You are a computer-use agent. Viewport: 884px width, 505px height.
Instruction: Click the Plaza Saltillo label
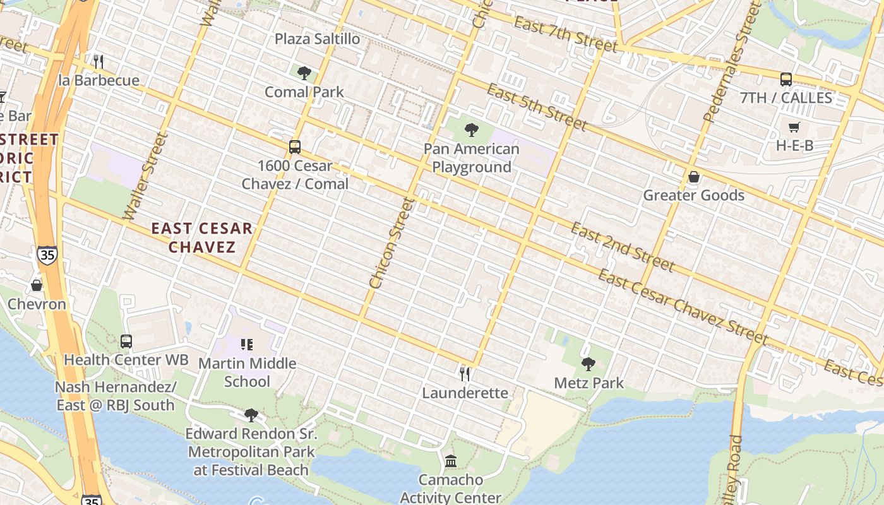click(x=317, y=39)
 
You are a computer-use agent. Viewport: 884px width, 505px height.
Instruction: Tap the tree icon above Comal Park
click(x=304, y=73)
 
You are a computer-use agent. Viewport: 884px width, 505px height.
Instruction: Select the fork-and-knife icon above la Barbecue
click(x=98, y=61)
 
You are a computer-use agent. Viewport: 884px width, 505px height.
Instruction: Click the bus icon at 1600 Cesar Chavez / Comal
click(x=295, y=147)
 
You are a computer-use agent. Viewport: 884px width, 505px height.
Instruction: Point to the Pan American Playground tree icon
click(x=471, y=131)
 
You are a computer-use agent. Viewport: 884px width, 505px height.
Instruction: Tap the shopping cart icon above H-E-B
click(x=794, y=128)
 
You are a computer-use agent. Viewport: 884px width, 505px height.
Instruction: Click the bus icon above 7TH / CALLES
click(x=786, y=80)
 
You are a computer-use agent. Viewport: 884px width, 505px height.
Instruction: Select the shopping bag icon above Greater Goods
click(x=694, y=177)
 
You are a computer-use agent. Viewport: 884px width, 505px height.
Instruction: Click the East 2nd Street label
click(x=622, y=247)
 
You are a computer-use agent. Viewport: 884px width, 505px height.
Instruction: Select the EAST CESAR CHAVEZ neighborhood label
click(x=202, y=237)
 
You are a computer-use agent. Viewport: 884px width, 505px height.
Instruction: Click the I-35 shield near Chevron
click(x=47, y=254)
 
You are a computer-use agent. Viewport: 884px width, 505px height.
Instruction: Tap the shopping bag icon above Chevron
click(x=37, y=285)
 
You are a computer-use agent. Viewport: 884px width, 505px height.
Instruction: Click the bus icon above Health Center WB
click(x=126, y=342)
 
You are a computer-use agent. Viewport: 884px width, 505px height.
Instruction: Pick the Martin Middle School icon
click(x=247, y=345)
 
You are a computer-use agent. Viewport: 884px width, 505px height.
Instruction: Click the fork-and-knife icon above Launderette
click(x=465, y=374)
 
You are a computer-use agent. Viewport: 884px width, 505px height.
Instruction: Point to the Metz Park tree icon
click(x=588, y=364)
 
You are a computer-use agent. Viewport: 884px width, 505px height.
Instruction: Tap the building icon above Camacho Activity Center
click(x=451, y=461)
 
